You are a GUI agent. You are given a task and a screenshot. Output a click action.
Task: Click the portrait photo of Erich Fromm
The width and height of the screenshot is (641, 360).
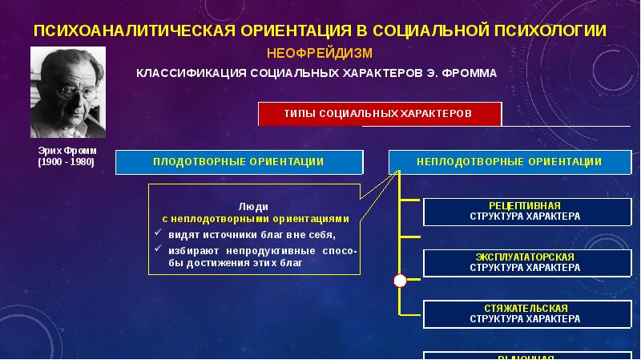tap(67, 92)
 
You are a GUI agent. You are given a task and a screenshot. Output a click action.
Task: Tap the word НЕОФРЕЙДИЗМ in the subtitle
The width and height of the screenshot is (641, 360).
tap(320, 53)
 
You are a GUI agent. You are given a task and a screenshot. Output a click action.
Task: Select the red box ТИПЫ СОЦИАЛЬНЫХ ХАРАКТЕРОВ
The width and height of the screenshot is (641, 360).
tap(379, 114)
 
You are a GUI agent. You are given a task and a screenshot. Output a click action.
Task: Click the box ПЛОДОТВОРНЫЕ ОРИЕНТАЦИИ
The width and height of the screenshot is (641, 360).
tap(239, 161)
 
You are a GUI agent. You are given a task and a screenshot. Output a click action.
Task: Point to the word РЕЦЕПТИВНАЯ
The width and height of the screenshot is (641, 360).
tap(524, 206)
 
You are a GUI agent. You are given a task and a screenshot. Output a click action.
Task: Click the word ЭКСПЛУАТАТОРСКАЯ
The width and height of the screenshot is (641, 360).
tap(524, 257)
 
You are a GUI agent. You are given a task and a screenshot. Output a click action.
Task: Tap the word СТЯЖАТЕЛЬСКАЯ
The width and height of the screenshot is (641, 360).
tap(524, 308)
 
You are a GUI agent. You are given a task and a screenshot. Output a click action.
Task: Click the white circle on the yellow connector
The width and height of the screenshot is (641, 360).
tap(400, 281)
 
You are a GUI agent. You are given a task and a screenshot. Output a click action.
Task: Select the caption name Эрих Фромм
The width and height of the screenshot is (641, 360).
tap(66, 151)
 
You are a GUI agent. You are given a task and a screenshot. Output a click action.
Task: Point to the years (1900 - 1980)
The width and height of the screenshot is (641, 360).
tap(66, 162)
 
